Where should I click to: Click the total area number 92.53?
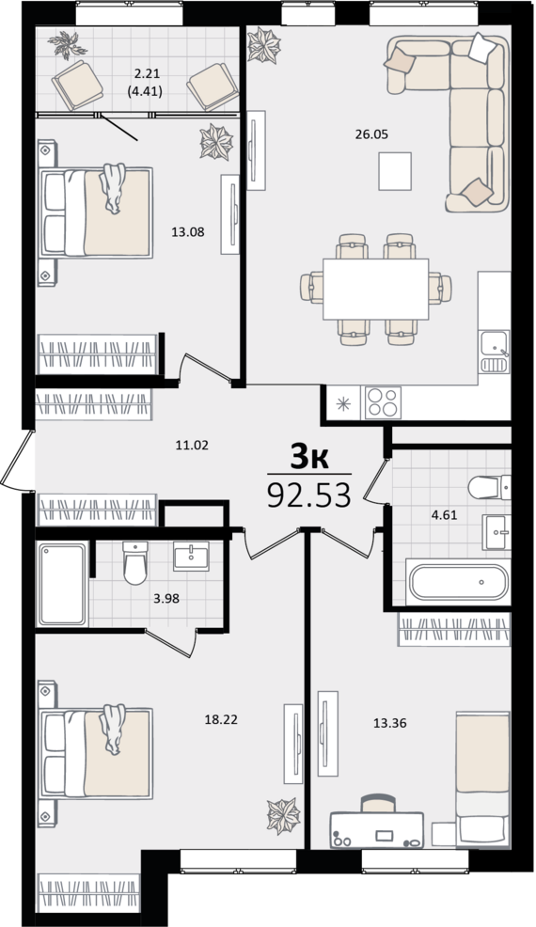click(308, 495)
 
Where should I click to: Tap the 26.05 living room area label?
click(371, 134)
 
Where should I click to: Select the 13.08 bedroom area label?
click(187, 231)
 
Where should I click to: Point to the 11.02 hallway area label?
click(192, 445)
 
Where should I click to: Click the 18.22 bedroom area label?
click(221, 719)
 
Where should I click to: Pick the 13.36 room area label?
click(390, 722)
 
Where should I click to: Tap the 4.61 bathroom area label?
click(444, 514)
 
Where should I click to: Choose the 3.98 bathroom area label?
click(166, 598)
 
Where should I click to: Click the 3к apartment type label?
click(308, 458)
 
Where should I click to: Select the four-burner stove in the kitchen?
click(383, 402)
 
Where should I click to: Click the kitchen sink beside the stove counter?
click(495, 352)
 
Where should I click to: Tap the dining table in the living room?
click(376, 289)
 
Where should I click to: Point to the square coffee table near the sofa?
click(395, 171)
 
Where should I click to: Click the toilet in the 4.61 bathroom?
click(489, 488)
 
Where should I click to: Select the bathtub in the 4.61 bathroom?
click(457, 582)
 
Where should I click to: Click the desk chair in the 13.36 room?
click(378, 803)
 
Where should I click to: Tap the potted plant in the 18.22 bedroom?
click(283, 816)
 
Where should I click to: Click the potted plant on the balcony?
click(68, 45)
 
